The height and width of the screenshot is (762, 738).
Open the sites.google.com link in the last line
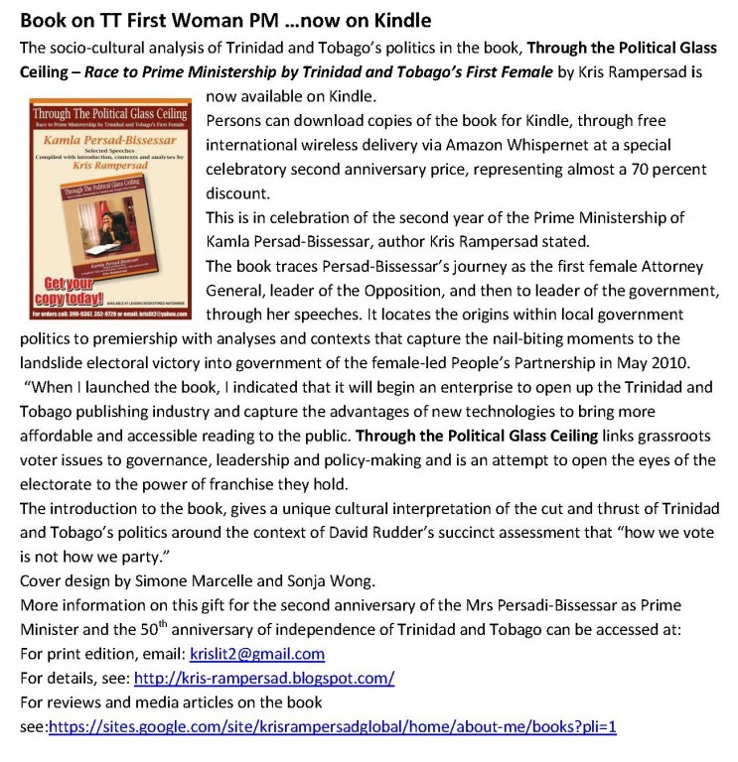pyautogui.click(x=333, y=727)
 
